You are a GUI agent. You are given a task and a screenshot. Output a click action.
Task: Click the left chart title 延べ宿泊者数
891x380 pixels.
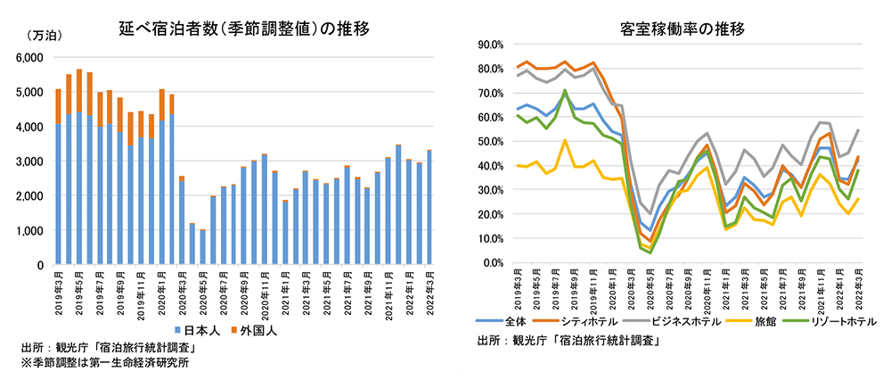coord(244,29)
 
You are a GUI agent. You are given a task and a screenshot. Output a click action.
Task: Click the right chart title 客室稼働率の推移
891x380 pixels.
coord(683,29)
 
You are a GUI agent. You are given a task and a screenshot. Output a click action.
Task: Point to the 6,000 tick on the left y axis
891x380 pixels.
coord(30,57)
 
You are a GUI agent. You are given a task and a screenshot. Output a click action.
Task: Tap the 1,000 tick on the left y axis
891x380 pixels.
coord(30,231)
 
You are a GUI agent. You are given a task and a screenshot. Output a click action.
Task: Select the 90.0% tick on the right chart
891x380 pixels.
coord(490,44)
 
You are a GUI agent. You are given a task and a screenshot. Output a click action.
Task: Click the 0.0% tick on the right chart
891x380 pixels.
coord(493,263)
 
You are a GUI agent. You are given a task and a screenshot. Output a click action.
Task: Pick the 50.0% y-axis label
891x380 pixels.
coord(490,141)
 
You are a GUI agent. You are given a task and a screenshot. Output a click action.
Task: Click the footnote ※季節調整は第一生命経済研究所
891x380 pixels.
coord(104,362)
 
